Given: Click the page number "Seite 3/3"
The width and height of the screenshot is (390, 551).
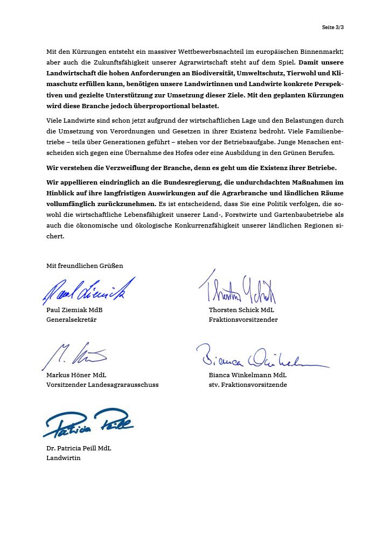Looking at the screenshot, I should pyautogui.click(x=332, y=27).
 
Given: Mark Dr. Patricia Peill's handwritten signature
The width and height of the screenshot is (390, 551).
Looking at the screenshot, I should pyautogui.click(x=89, y=423).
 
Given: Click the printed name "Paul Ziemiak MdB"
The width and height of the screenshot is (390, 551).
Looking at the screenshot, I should pyautogui.click(x=74, y=310).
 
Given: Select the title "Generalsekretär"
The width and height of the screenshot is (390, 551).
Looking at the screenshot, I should pyautogui.click(x=72, y=320).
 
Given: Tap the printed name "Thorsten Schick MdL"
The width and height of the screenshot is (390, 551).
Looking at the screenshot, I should pyautogui.click(x=241, y=310).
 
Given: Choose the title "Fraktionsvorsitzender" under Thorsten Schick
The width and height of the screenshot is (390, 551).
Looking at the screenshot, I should pyautogui.click(x=243, y=320).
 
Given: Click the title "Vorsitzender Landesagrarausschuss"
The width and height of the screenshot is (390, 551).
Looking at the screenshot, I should pyautogui.click(x=102, y=385).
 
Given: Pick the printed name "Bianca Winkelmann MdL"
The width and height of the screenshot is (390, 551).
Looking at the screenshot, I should pyautogui.click(x=247, y=375).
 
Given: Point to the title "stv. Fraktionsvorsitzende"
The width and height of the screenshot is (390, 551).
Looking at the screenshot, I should pyautogui.click(x=248, y=385).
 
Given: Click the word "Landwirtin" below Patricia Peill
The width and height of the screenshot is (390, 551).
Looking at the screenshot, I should pyautogui.click(x=64, y=458).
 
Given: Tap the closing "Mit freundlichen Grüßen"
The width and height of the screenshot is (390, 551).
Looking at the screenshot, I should pyautogui.click(x=85, y=266).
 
